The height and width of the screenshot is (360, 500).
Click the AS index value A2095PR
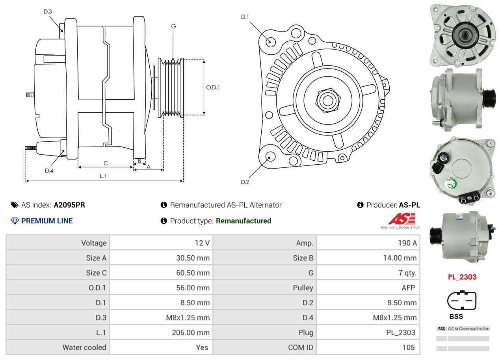coord(69,205)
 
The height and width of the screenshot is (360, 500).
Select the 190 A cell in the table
coord(407,243)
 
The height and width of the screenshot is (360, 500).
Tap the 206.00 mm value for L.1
coord(191,332)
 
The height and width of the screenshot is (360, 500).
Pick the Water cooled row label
coord(84,347)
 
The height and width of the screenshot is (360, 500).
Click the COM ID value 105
coord(409,347)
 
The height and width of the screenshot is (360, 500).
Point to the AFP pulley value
coord(408,288)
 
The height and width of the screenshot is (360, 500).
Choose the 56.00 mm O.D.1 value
coord(193,288)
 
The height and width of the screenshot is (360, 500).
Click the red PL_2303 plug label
coord(462,277)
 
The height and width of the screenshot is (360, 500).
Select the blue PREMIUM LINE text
coord(47,221)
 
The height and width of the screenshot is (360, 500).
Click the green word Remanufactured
coord(243,221)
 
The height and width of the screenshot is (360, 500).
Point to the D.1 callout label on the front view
coord(245,17)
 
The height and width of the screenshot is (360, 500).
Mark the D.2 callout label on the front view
coord(245,182)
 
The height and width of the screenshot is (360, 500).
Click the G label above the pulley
coord(173,26)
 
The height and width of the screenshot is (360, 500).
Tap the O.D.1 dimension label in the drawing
coord(213,87)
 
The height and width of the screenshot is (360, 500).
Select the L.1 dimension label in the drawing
coord(103,176)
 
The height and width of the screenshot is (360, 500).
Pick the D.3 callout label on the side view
coord(48,11)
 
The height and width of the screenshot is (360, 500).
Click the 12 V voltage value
coord(202,243)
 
